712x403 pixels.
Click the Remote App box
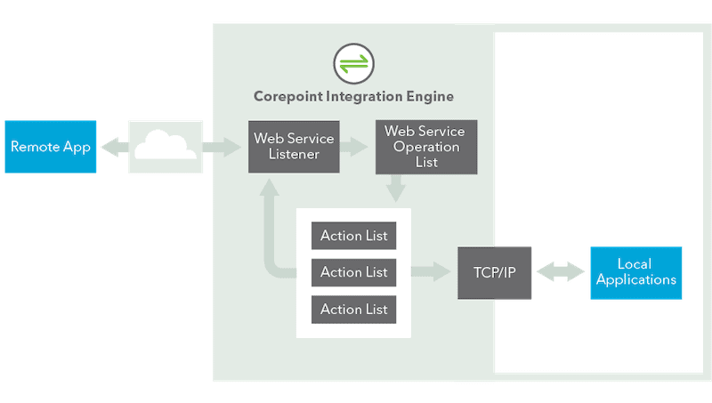coord(51,147)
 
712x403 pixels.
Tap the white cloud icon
coord(166,144)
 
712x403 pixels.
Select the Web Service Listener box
coord(294,147)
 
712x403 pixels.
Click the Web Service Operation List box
coord(426,147)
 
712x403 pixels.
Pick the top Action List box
coord(353,236)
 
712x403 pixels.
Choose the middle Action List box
coord(353,272)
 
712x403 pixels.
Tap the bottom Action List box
coord(353,310)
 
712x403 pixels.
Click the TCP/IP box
coord(495,273)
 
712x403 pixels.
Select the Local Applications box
coord(636,273)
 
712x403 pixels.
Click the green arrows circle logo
coord(353,63)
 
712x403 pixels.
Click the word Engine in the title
coord(430,97)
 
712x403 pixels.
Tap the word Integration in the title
coord(364,96)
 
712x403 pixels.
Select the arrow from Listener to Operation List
coord(353,147)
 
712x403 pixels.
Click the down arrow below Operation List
coord(395,189)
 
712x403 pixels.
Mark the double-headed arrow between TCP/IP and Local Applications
coord(561,272)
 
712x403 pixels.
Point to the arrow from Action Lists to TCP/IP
coord(431,272)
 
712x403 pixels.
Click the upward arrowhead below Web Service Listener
coord(270,187)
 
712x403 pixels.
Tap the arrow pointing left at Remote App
coord(115,147)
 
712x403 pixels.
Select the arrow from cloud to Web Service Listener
coord(222,147)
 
